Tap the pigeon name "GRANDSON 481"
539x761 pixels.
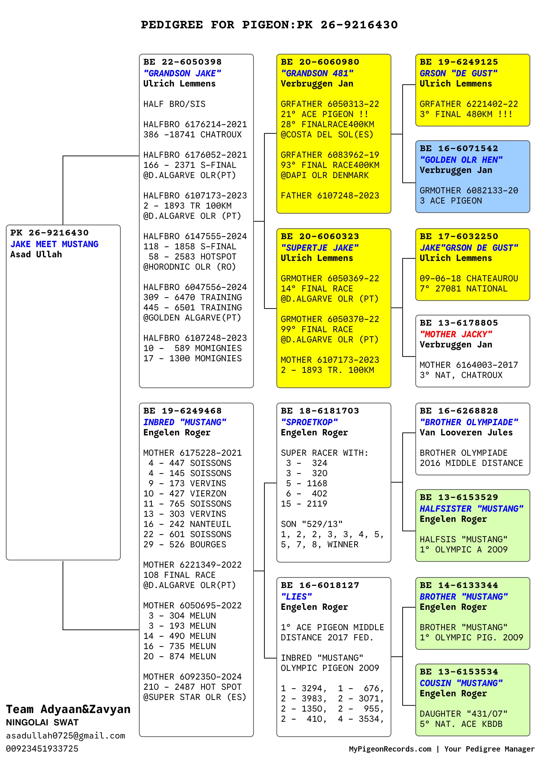pyautogui.click(x=317, y=73)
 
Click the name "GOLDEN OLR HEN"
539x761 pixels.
pyautogui.click(x=461, y=160)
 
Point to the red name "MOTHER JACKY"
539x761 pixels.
pyautogui.click(x=456, y=334)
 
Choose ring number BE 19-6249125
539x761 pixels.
pyautogui.click(x=459, y=62)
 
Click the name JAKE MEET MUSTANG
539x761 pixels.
pyautogui.click(x=54, y=244)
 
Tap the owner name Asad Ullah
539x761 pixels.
pyautogui.click(x=36, y=255)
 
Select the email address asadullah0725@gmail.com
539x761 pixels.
pyautogui.click(x=65, y=736)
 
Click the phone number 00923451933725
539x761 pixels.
pyautogui.click(x=42, y=749)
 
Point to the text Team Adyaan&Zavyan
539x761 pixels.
pyautogui.click(x=68, y=709)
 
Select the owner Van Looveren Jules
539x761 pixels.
pyautogui.click(x=466, y=432)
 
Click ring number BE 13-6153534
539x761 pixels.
pyautogui.click(x=459, y=672)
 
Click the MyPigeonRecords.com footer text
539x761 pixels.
pyautogui.click(x=390, y=749)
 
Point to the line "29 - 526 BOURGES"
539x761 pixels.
pyautogui.click(x=185, y=544)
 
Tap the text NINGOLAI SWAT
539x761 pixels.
pyautogui.click(x=42, y=722)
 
